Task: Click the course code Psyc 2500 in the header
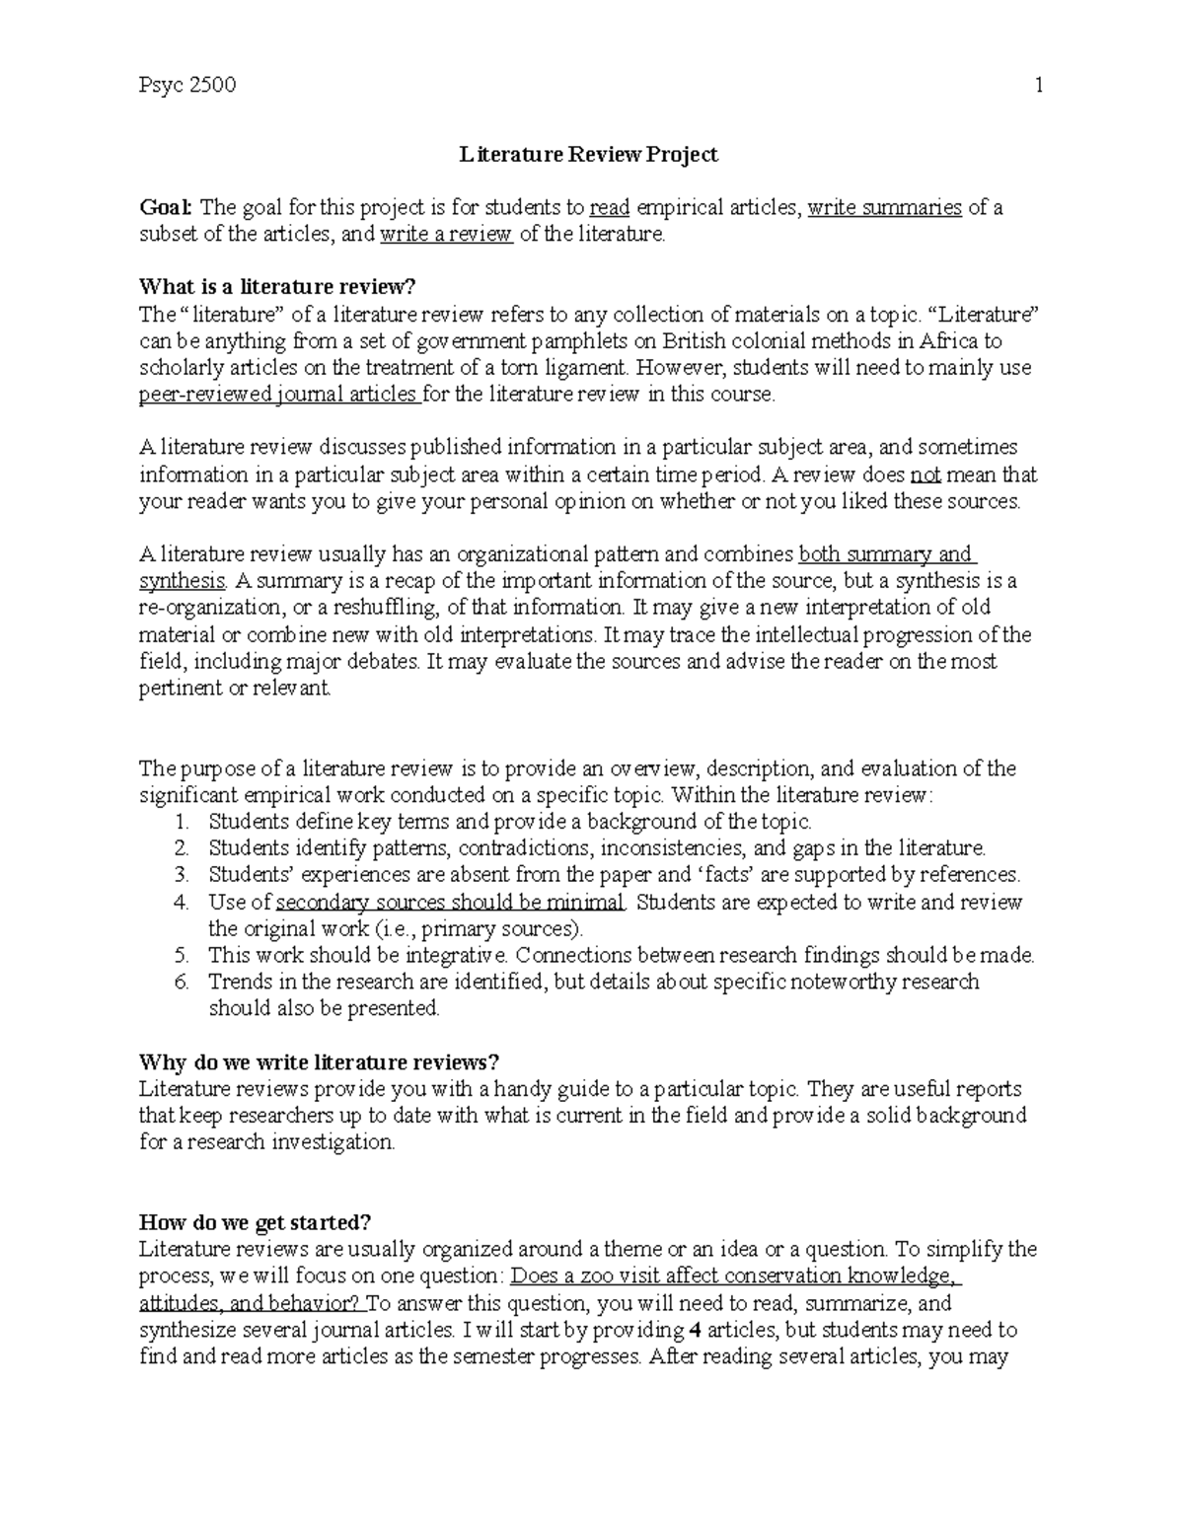[x=187, y=86]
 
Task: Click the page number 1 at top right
[x=1038, y=86]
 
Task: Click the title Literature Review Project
[x=589, y=155]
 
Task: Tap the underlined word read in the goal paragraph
[x=609, y=208]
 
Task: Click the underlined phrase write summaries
[x=884, y=208]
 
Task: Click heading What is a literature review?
[x=279, y=288]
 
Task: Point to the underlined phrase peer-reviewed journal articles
[x=279, y=395]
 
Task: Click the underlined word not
[x=925, y=474]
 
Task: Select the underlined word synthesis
[x=183, y=581]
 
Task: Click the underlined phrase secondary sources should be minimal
[x=450, y=902]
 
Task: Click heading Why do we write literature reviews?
[x=320, y=1062]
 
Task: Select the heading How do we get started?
[x=256, y=1222]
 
